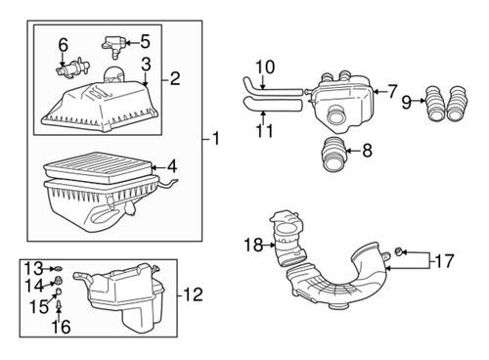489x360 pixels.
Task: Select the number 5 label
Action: point(145,41)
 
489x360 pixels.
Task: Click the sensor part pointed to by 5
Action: point(111,44)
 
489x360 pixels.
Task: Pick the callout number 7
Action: point(392,92)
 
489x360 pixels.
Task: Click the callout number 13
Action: point(32,267)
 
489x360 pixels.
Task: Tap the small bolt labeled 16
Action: point(61,309)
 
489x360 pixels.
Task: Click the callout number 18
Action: point(253,245)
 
